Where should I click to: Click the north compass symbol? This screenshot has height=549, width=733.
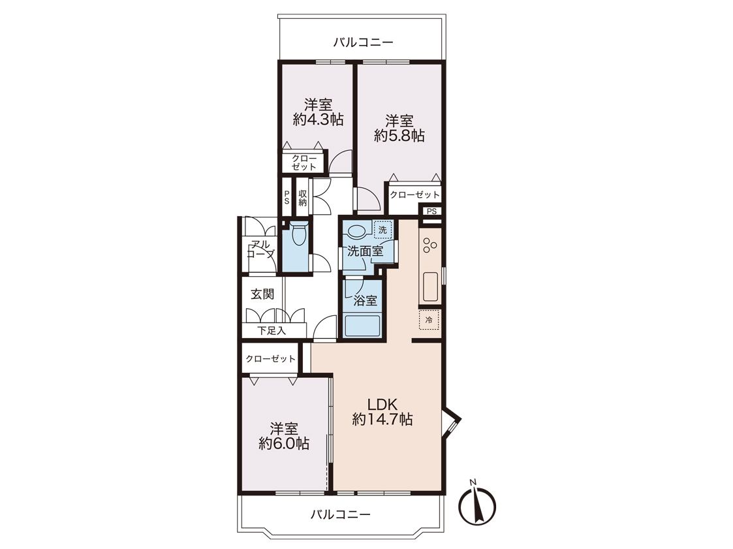pos(476,504)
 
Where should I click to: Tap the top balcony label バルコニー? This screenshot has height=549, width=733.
pos(363,42)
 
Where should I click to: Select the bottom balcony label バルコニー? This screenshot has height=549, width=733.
pos(341,515)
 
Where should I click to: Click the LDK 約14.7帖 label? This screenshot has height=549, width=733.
pos(382,411)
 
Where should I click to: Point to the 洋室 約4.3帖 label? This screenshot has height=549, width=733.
pos(319,112)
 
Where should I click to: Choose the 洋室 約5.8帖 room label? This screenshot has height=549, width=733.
pos(399,128)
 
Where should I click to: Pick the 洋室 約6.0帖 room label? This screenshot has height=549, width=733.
pos(284,436)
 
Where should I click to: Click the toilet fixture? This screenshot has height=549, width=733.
pos(298,234)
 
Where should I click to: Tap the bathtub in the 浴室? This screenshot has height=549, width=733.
pos(362,326)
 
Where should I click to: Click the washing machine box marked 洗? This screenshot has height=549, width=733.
pos(383,230)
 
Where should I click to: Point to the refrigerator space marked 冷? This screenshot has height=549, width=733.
pos(429,321)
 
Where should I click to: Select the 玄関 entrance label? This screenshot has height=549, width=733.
pos(262,294)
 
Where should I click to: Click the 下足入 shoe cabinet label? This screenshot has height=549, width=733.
pos(271,330)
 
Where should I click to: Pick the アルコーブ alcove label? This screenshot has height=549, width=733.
pos(261,249)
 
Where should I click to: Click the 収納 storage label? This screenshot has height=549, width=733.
pos(303,198)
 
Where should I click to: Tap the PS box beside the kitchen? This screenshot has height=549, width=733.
pos(431,212)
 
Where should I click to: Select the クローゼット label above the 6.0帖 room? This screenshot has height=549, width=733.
pos(271,358)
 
